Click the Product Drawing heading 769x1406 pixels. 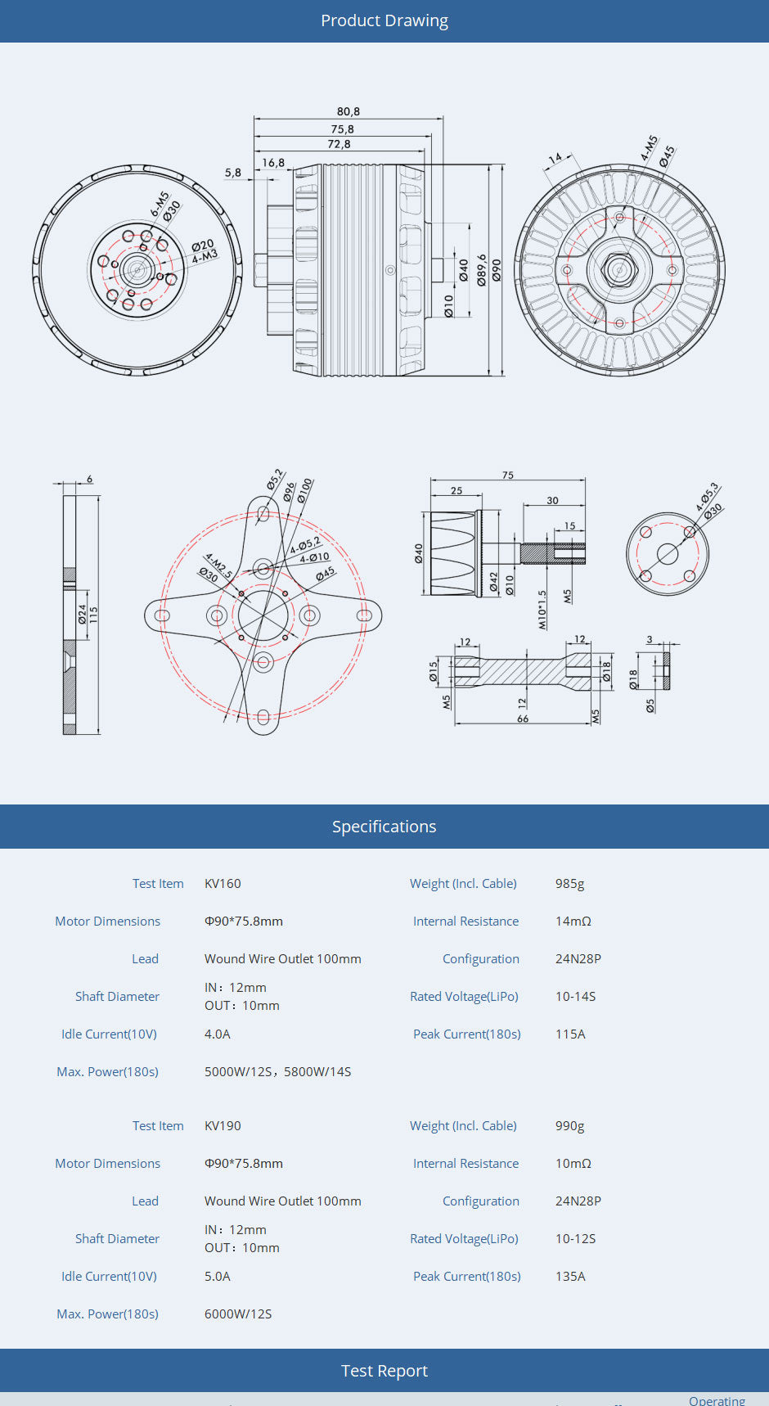[384, 20]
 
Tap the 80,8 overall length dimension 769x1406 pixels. [349, 111]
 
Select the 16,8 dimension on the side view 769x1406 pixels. [273, 163]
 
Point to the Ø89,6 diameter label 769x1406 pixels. [482, 269]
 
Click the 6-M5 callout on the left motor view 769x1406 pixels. [160, 204]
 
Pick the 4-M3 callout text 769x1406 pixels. [205, 257]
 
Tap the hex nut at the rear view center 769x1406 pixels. [619, 270]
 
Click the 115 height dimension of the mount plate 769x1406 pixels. [93, 615]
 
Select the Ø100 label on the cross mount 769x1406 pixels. [304, 490]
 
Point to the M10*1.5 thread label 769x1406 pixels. [542, 610]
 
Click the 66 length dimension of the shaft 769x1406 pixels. [523, 719]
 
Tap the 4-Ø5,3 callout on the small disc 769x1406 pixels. [707, 497]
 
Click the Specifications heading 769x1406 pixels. [384, 827]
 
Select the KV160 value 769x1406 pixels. [223, 884]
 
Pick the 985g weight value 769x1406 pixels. [569, 884]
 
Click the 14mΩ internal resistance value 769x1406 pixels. [573, 922]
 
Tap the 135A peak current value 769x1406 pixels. [570, 1277]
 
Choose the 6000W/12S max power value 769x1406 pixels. [238, 1314]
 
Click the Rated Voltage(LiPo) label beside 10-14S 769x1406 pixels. [464, 997]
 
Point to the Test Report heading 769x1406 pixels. [384, 1371]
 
